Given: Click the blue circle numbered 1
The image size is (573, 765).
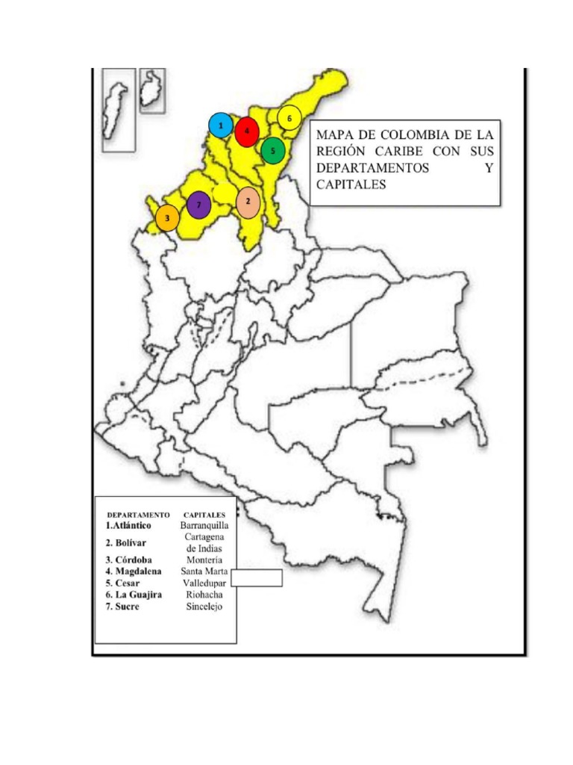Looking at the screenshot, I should point(221,126).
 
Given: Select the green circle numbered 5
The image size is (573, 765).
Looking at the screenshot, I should point(273,150).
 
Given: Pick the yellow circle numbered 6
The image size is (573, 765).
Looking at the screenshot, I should point(289,118).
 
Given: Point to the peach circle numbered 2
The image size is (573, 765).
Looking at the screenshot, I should point(248,202).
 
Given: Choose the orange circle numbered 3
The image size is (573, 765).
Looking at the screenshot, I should point(167,218).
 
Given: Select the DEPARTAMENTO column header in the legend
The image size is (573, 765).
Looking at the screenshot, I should point(138,515).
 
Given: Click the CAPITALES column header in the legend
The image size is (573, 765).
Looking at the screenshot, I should point(204,515).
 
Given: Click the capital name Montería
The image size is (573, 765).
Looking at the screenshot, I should point(204,560).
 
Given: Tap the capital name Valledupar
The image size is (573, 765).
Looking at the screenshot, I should point(205,583).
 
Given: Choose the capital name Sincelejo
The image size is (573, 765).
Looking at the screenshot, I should point(204,607).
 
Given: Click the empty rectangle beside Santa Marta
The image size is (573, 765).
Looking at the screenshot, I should point(257,577).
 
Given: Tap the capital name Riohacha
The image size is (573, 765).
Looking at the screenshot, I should point(204,595).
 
